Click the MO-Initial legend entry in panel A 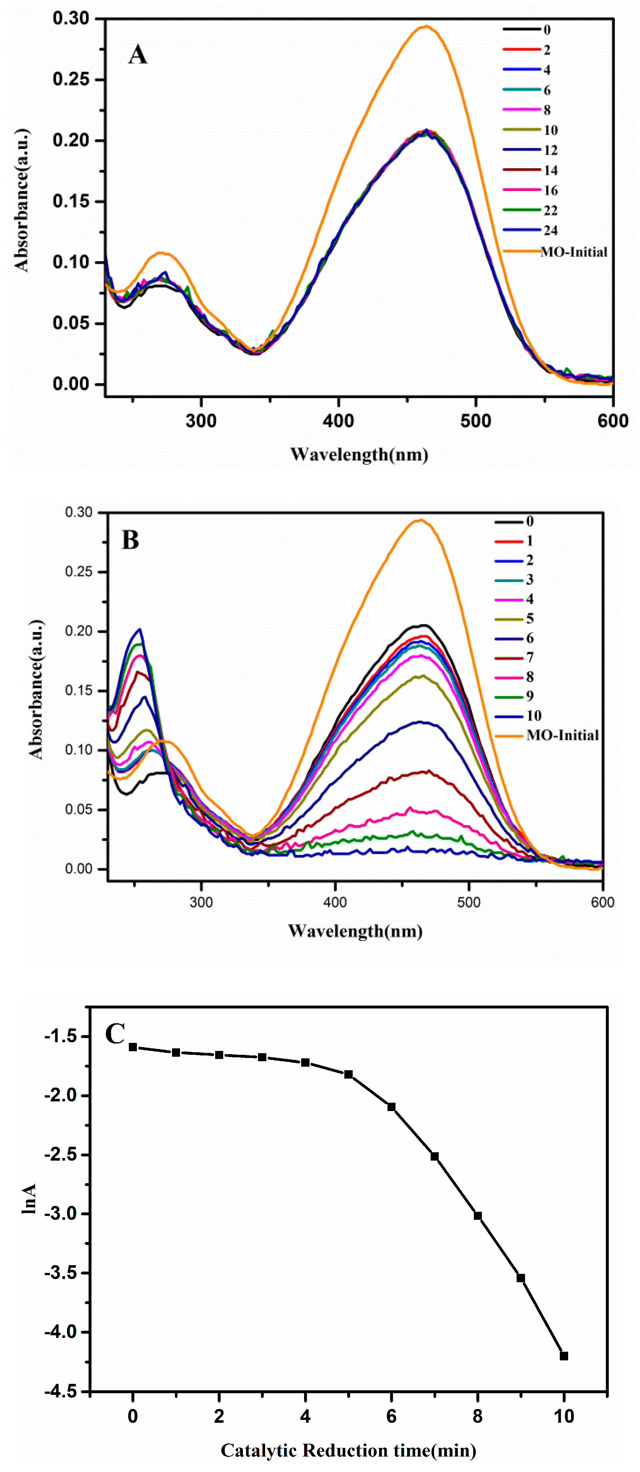coord(574,252)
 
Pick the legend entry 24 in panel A coord(550,230)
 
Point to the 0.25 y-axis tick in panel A coord(72,79)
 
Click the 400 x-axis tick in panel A coord(339,421)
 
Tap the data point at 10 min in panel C coord(564,1356)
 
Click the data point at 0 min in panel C coord(133,1047)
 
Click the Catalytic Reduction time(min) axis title coord(348,1450)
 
